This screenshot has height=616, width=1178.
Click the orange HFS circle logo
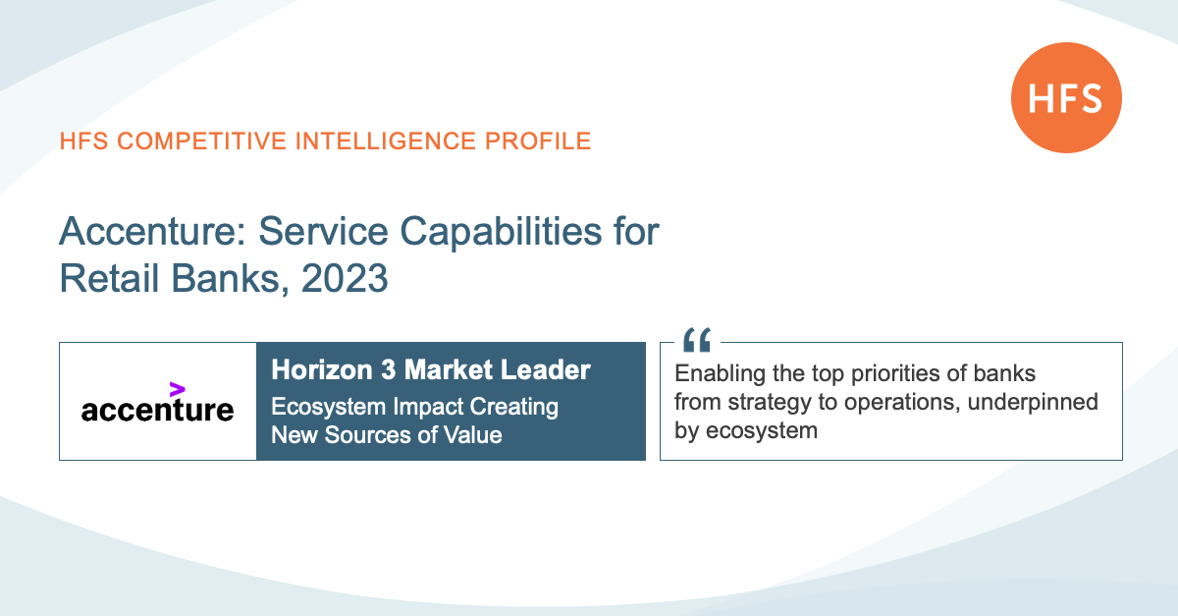[1066, 98]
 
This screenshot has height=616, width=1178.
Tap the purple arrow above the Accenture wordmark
[178, 390]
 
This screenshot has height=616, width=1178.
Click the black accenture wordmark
[157, 410]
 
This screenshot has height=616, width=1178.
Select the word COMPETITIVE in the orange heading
[202, 141]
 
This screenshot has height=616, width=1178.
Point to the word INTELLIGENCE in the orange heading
[386, 141]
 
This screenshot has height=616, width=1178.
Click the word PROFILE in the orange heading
[538, 141]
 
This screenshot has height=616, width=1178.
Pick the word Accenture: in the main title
[153, 231]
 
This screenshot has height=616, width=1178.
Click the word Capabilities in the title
[501, 232]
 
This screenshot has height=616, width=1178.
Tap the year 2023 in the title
[345, 278]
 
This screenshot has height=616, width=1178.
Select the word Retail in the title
[109, 278]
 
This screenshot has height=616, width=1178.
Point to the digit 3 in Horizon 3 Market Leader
[388, 369]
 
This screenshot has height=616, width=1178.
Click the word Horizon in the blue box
[322, 369]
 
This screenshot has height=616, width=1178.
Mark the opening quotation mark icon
[697, 340]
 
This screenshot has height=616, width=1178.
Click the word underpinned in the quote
[1033, 402]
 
